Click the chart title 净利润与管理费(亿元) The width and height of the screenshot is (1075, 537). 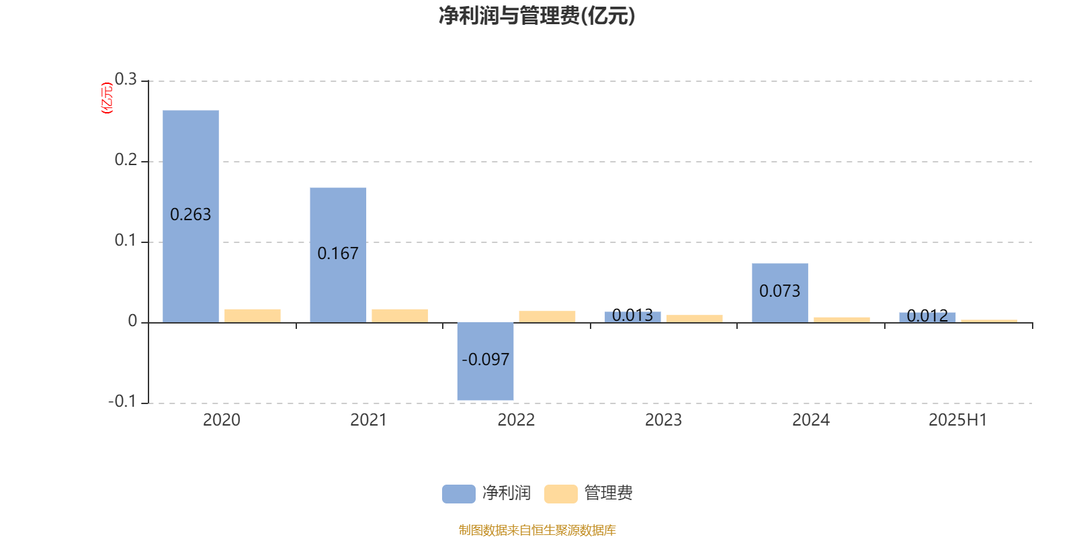[537, 16]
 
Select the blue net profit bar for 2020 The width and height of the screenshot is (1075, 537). [191, 216]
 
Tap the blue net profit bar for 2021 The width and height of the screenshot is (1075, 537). [338, 255]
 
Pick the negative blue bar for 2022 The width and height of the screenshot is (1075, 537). [485, 362]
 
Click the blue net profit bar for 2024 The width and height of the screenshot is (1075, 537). [780, 293]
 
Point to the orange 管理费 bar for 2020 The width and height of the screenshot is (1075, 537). [253, 316]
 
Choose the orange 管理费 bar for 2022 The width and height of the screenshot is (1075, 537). [547, 317]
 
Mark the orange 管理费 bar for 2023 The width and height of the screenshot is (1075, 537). [695, 319]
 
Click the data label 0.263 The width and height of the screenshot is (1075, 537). [191, 214]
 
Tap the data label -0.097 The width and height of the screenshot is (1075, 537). [485, 359]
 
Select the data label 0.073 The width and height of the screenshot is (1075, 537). [780, 291]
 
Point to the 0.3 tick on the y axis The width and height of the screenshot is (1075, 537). [126, 79]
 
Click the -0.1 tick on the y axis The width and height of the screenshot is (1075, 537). [122, 401]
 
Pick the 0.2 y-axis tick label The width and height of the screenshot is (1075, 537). [126, 160]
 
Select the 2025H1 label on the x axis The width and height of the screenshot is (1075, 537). [958, 420]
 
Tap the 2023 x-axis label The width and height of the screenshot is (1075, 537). [663, 420]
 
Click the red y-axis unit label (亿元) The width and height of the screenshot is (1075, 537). [107, 98]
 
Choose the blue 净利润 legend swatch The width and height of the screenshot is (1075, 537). [459, 494]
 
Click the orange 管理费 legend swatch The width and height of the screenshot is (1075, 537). [560, 494]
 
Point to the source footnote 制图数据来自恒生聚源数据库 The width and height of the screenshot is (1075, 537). [537, 530]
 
